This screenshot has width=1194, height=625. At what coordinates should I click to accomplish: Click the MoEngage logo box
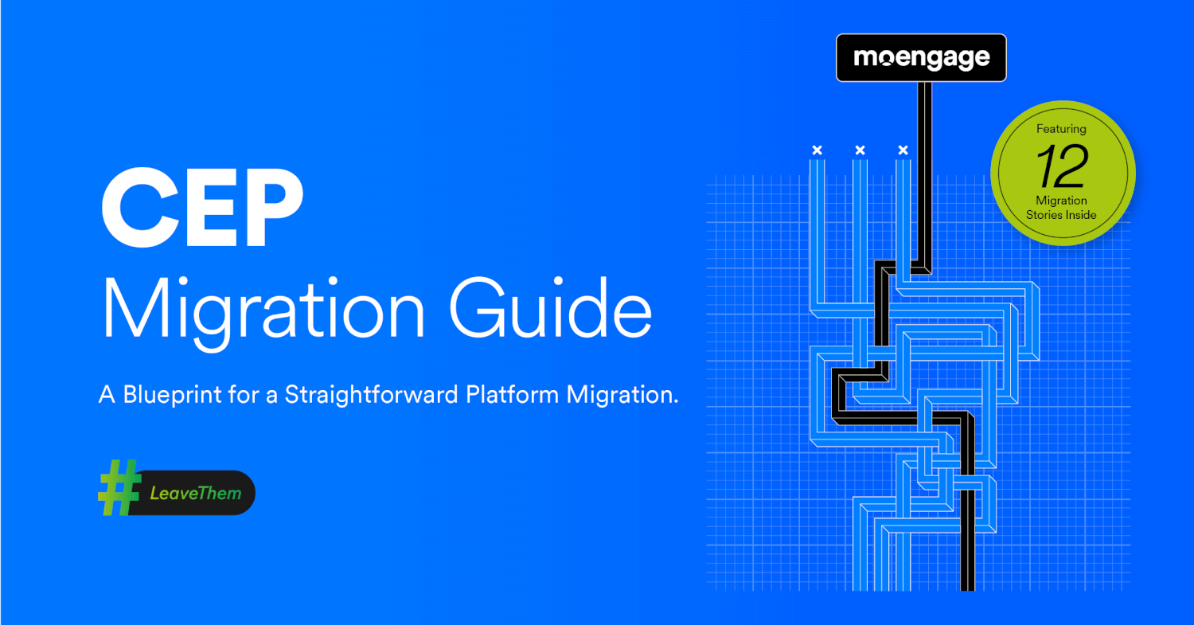tap(921, 58)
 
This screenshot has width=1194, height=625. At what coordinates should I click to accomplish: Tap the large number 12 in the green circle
tap(1061, 166)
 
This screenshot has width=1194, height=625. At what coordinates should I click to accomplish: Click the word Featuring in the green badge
tap(1061, 129)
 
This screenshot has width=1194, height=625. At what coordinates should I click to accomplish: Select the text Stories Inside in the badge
tap(1061, 215)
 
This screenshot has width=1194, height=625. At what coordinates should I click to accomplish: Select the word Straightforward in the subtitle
tap(372, 395)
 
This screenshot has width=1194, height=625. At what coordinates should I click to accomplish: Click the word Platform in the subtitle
tap(513, 395)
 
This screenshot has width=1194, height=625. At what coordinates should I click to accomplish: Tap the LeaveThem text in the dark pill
tap(195, 494)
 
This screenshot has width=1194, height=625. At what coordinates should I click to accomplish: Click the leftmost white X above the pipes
tap(816, 150)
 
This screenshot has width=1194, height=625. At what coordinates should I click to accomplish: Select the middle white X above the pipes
tap(860, 150)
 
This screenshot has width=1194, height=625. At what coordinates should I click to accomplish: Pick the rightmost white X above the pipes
tap(903, 150)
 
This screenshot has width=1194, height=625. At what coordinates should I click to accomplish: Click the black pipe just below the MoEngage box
tap(924, 119)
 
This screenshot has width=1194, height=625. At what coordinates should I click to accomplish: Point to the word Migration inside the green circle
tap(1061, 201)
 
